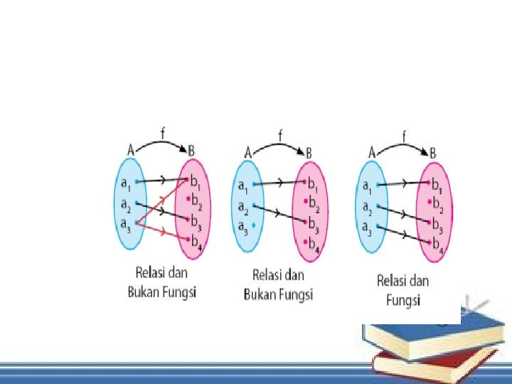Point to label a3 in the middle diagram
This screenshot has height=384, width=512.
tap(243, 228)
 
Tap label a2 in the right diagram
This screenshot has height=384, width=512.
tap(368, 208)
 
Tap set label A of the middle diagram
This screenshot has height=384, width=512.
tap(248, 152)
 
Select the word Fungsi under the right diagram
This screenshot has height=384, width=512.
tap(403, 301)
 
